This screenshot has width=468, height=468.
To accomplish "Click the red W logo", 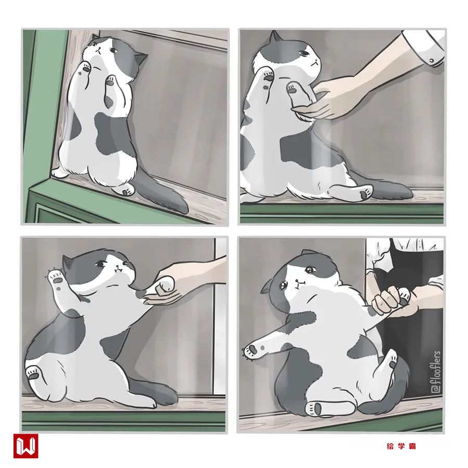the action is click(25, 446).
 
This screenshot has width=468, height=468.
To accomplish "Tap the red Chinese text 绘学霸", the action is click(401, 446).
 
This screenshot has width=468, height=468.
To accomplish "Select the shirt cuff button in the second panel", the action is click(431, 61).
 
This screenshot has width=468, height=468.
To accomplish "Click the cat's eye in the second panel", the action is click(304, 54).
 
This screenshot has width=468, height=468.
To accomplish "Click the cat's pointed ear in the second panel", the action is click(275, 37).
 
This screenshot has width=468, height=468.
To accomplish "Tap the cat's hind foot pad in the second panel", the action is click(364, 194).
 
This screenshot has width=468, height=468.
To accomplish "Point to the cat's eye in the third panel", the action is click(100, 264).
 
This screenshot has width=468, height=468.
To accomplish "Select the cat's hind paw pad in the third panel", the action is click(32, 374).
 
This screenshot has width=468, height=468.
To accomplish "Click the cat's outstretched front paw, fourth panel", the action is click(252, 350).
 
